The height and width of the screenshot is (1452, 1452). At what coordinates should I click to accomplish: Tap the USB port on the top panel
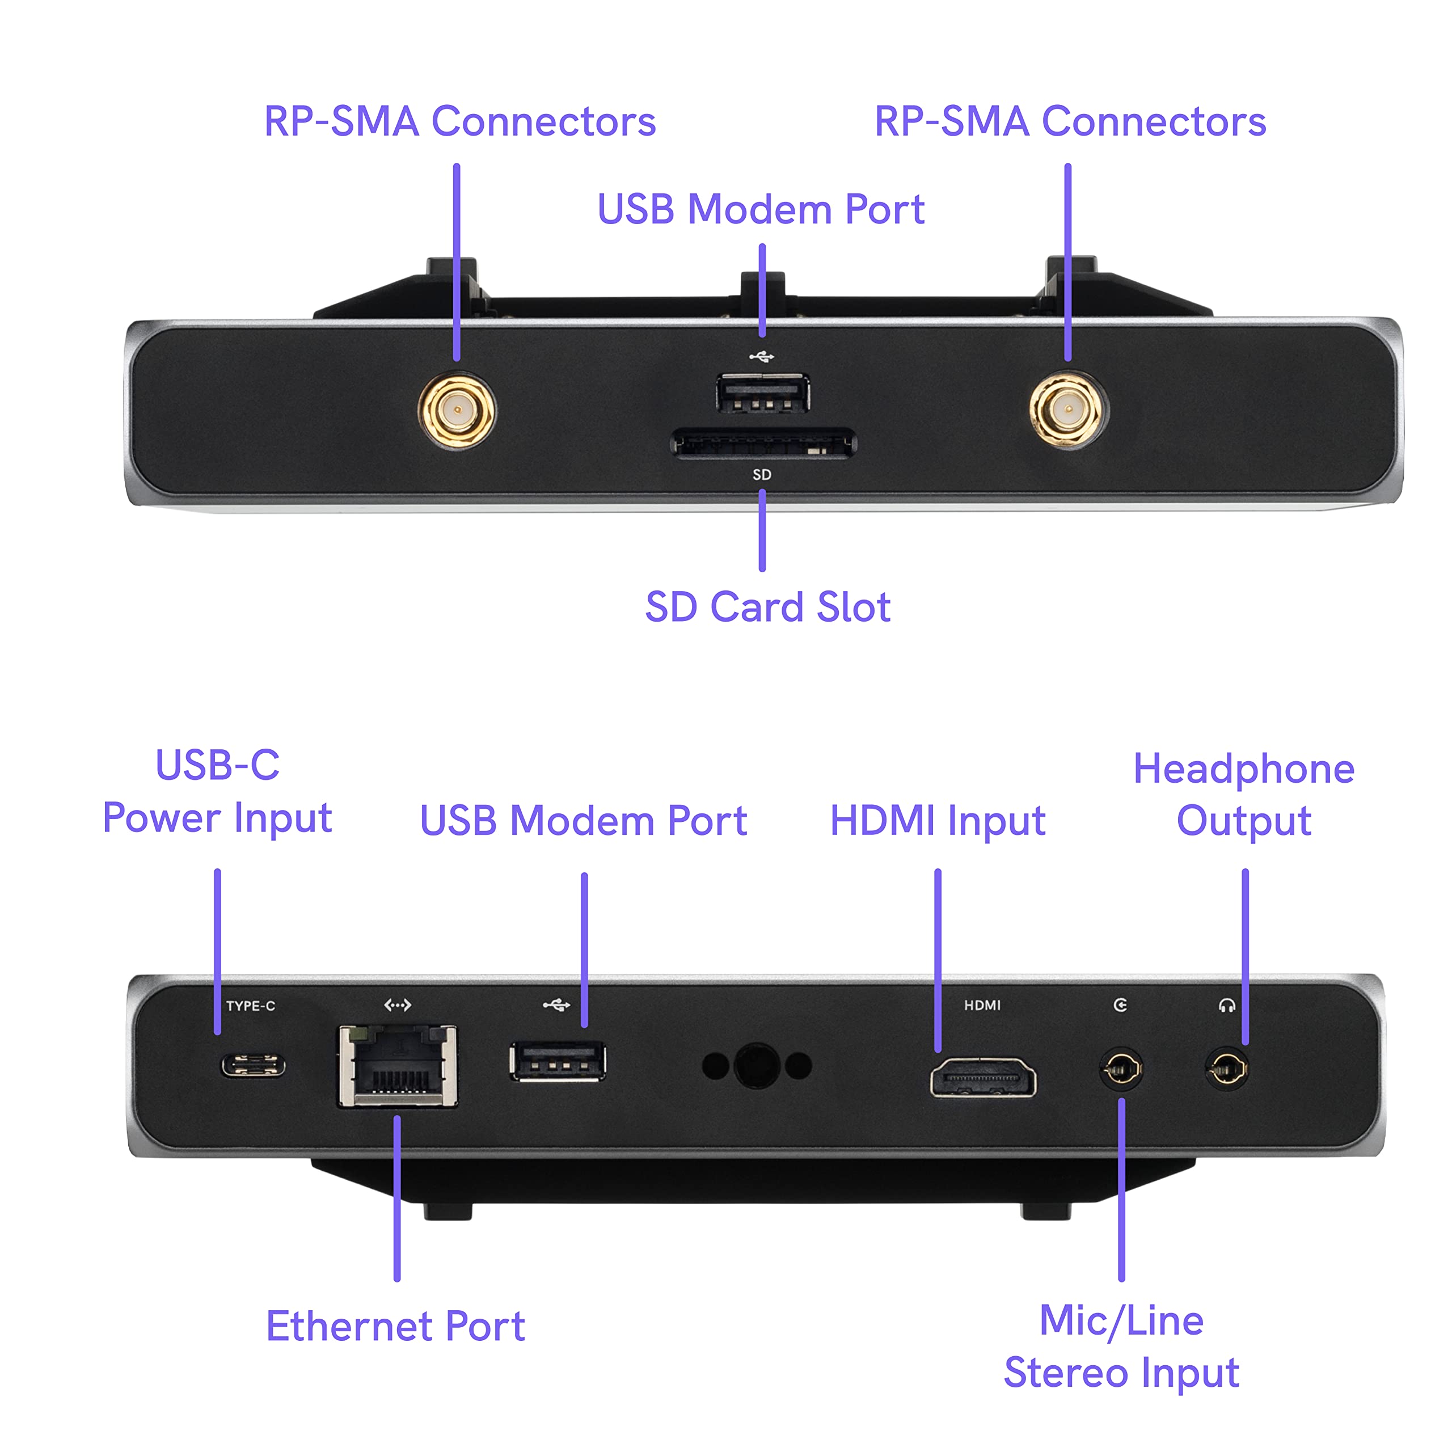pyautogui.click(x=762, y=393)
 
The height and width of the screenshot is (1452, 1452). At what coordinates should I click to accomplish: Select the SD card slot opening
pyautogui.click(x=763, y=444)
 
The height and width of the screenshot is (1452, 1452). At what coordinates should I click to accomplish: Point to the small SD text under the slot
pyautogui.click(x=762, y=475)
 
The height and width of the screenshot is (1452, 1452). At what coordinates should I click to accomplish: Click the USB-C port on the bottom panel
pyautogui.click(x=252, y=1066)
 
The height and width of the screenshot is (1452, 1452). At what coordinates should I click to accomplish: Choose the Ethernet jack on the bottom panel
pyautogui.click(x=398, y=1066)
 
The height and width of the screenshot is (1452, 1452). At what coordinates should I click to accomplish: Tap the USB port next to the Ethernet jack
pyautogui.click(x=558, y=1061)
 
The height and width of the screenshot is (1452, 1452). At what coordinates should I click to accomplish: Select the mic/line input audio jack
pyautogui.click(x=1121, y=1068)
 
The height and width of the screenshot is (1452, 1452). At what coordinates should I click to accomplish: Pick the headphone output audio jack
pyautogui.click(x=1226, y=1068)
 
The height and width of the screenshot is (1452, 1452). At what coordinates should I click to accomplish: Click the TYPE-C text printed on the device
pyautogui.click(x=251, y=1006)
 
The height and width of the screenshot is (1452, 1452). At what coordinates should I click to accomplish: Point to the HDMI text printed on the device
pyautogui.click(x=982, y=1006)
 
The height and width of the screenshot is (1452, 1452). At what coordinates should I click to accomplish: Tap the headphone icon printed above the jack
pyautogui.click(x=1226, y=1006)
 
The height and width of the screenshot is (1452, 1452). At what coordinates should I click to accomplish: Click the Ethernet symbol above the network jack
pyautogui.click(x=398, y=1005)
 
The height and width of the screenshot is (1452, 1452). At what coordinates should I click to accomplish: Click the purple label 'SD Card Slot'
pyautogui.click(x=767, y=607)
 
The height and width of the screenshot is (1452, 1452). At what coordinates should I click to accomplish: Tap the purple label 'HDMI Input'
pyautogui.click(x=937, y=820)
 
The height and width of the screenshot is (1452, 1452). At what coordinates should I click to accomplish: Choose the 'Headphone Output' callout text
pyautogui.click(x=1244, y=795)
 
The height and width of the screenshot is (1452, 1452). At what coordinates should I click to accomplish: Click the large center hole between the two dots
pyautogui.click(x=757, y=1066)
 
